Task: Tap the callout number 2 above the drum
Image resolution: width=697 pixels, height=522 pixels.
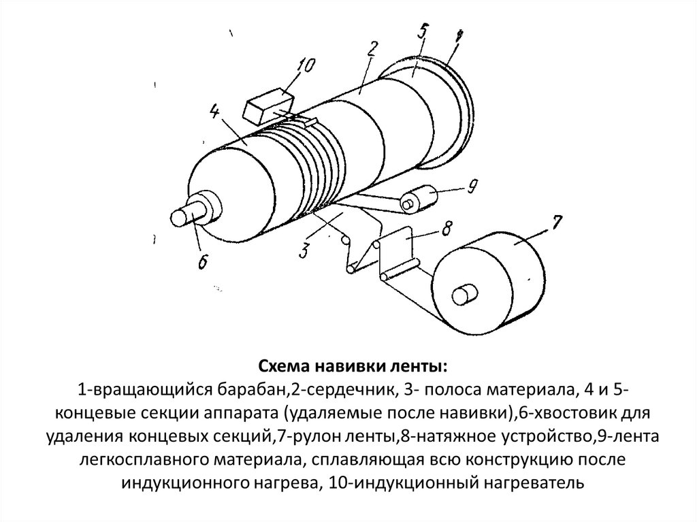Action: pyautogui.click(x=372, y=48)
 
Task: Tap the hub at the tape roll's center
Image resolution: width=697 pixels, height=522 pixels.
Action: pyautogui.click(x=464, y=295)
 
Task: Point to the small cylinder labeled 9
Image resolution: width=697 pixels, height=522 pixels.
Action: pyautogui.click(x=421, y=198)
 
